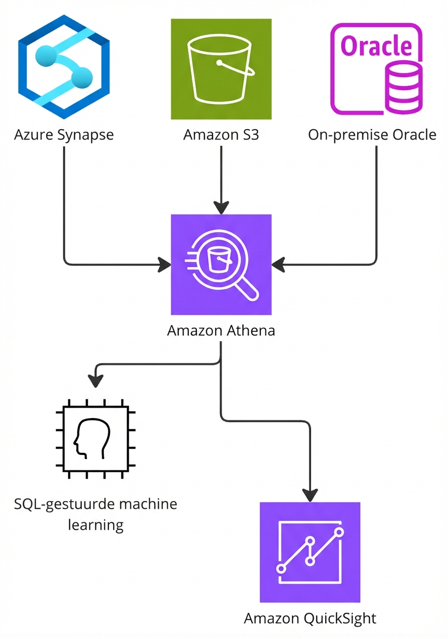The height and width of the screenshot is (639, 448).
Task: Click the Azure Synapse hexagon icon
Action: tap(63, 67)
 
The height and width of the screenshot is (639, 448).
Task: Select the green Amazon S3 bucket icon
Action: tap(221, 69)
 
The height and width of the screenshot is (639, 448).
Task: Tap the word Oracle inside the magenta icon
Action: tap(376, 47)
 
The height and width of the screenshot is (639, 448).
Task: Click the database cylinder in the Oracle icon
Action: tap(403, 88)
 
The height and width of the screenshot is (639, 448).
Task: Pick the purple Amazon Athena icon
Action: tap(221, 265)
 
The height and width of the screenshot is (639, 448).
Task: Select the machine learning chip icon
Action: tap(96, 438)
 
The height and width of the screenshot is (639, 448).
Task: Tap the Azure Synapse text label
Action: tap(63, 135)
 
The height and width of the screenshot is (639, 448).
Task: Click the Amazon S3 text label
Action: tap(221, 135)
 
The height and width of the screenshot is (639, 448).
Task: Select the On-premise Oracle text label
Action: tap(372, 135)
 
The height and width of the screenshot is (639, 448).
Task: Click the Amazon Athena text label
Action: tap(221, 330)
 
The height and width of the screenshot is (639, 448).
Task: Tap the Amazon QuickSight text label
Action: tap(310, 618)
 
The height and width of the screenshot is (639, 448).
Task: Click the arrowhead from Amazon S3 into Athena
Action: tap(221, 207)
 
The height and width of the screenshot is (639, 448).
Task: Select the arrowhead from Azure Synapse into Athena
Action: tap(164, 265)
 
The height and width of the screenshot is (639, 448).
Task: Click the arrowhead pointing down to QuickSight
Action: tap(310, 494)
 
